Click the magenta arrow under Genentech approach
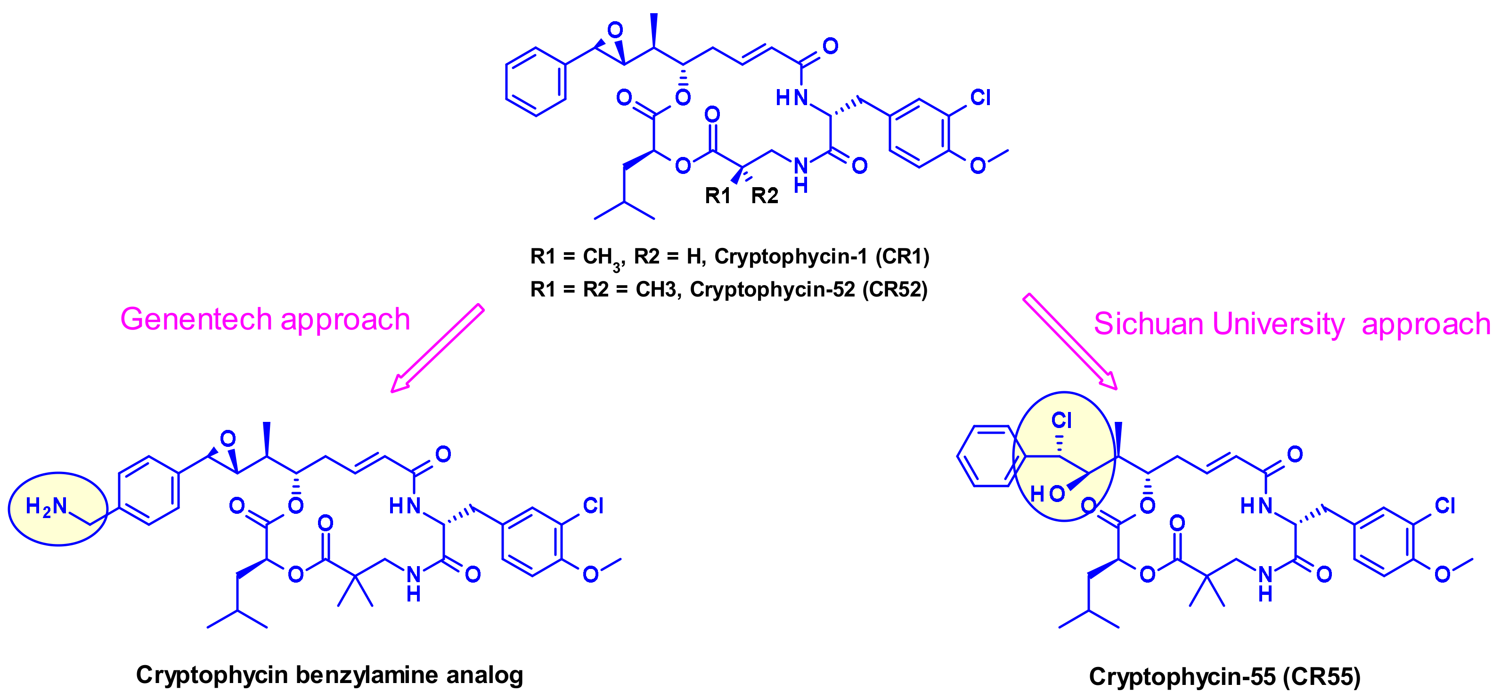[438, 348]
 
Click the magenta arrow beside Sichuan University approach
[1070, 341]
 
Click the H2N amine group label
[47, 506]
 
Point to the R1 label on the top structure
[718, 196]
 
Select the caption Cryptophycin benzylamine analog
[329, 675]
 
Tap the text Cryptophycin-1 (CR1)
[822, 256]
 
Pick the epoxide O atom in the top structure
[615, 30]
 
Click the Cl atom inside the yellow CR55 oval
[1061, 420]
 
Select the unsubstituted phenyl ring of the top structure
[536, 82]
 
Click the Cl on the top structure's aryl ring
[980, 97]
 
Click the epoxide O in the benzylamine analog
[228, 438]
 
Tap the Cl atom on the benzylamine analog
[593, 505]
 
